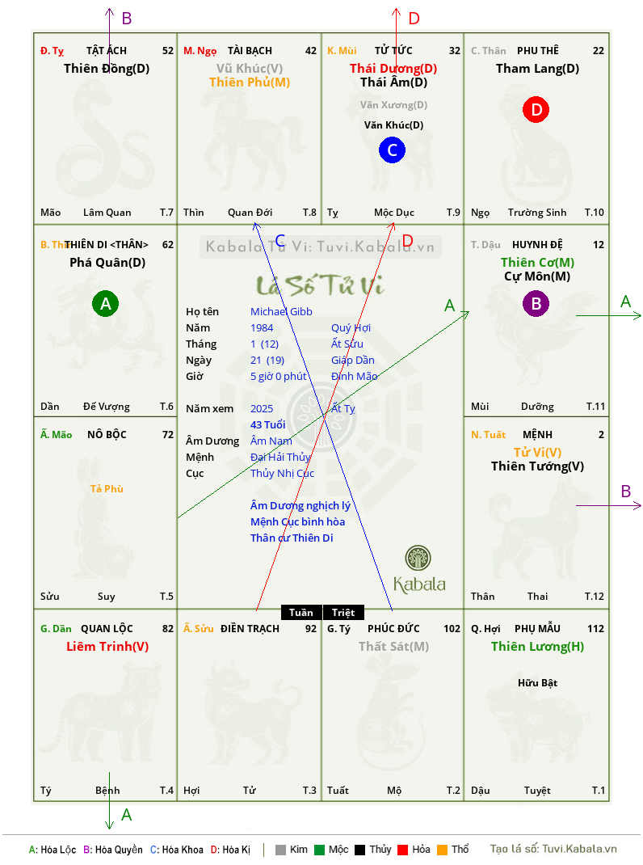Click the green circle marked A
(105, 303)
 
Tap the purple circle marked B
(536, 303)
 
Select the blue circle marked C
(392, 150)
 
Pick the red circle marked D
(536, 110)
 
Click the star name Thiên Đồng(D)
(107, 69)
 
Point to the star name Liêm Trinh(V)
(107, 646)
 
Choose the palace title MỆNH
(537, 435)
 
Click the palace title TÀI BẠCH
(250, 51)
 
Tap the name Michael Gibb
(281, 312)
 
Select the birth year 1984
(262, 327)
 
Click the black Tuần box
(301, 612)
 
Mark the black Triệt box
(343, 612)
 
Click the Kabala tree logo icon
(418, 558)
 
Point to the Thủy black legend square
(359, 850)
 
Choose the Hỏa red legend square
(402, 850)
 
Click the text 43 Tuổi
(268, 424)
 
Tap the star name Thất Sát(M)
(393, 646)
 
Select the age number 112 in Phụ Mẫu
(595, 629)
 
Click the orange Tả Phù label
(107, 489)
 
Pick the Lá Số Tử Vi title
(321, 285)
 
